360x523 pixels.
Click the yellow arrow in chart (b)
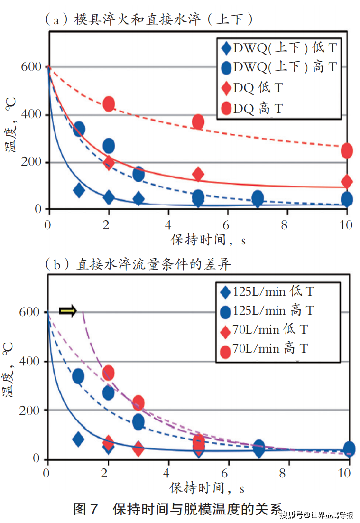[x=68, y=311]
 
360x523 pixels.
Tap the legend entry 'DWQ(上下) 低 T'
[x=280, y=48]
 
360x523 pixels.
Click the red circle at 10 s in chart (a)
[x=347, y=151]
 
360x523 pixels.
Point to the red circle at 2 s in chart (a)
[x=109, y=104]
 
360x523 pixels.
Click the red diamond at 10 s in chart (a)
[x=347, y=181]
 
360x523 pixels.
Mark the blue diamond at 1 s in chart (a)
[x=79, y=191]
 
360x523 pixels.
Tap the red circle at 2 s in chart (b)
[x=108, y=373]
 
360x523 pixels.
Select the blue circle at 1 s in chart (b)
[x=78, y=377]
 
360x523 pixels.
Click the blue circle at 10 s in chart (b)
[x=349, y=448]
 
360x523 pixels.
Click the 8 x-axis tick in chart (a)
[x=287, y=225]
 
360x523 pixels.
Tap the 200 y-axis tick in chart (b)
[x=31, y=410]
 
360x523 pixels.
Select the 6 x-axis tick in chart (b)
[x=227, y=474]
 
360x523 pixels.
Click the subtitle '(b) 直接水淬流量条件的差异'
[x=138, y=264]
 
